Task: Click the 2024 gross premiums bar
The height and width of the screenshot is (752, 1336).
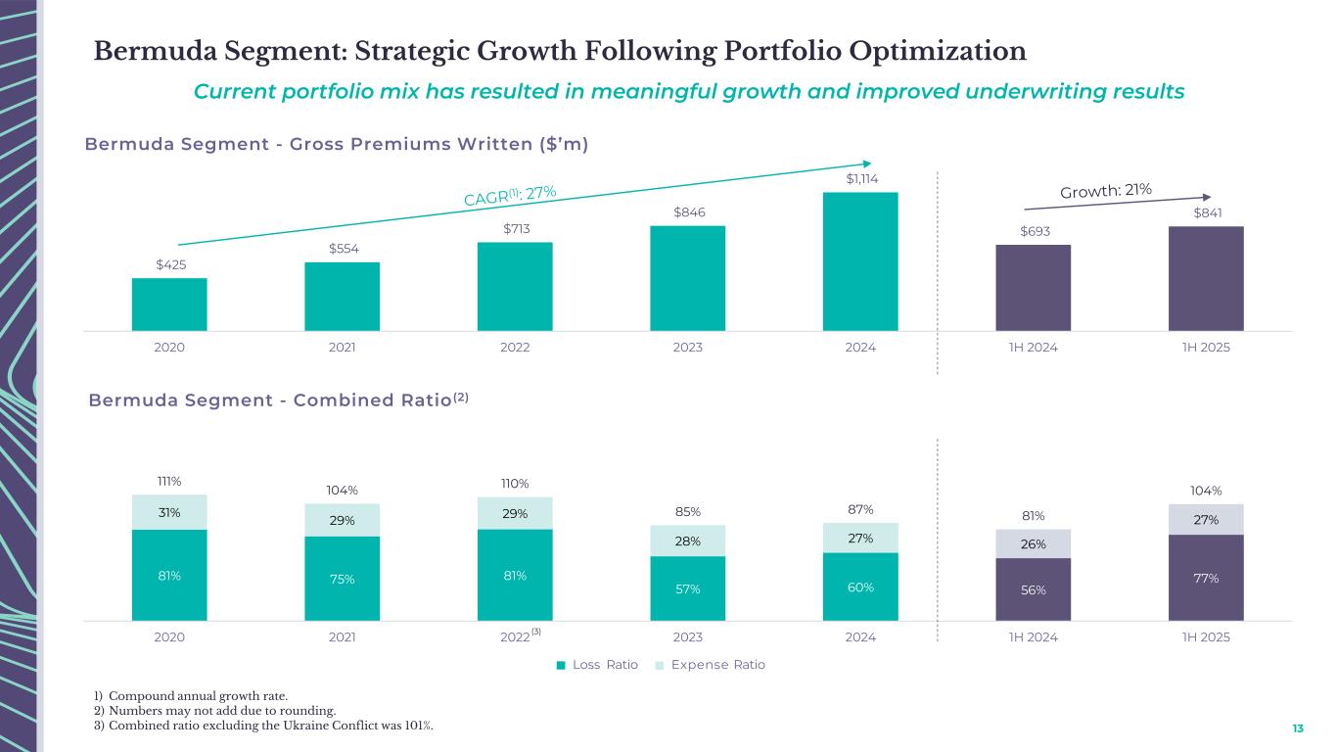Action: click(860, 261)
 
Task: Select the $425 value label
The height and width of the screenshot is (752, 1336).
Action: click(169, 264)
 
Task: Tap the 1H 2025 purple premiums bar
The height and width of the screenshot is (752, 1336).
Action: click(1206, 279)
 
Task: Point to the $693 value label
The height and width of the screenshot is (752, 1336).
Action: click(1034, 231)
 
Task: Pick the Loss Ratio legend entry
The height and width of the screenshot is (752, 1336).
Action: click(597, 665)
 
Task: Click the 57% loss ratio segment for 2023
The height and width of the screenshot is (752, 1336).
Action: click(688, 588)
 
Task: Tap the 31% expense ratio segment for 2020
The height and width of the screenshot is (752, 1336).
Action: click(169, 512)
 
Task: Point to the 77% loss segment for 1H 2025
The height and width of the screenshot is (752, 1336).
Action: click(1206, 578)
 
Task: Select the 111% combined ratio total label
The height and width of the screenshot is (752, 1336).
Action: click(169, 481)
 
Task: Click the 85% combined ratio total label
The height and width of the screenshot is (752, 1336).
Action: click(688, 511)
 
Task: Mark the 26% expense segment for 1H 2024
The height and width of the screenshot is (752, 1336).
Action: click(1034, 544)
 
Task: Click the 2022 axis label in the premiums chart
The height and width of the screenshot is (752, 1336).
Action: click(515, 348)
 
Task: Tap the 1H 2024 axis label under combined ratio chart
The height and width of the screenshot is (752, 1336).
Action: click(1034, 636)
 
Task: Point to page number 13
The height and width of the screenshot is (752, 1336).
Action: click(1298, 728)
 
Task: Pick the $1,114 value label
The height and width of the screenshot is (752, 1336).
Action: click(860, 178)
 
